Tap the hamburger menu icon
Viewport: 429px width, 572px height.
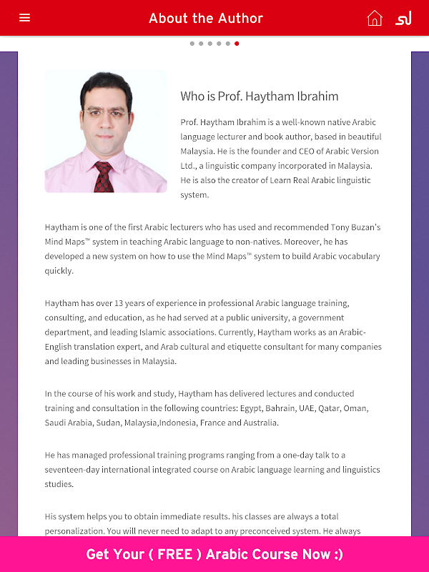tap(25, 18)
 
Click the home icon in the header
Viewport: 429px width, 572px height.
tap(375, 18)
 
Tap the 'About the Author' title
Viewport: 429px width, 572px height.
tap(206, 19)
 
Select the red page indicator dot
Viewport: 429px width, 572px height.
tap(237, 44)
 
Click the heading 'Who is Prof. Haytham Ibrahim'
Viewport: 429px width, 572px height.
tap(259, 97)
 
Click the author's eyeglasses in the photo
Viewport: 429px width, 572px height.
tap(106, 112)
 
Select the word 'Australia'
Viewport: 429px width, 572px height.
tap(257, 423)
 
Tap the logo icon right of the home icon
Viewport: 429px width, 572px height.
tap(403, 18)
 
